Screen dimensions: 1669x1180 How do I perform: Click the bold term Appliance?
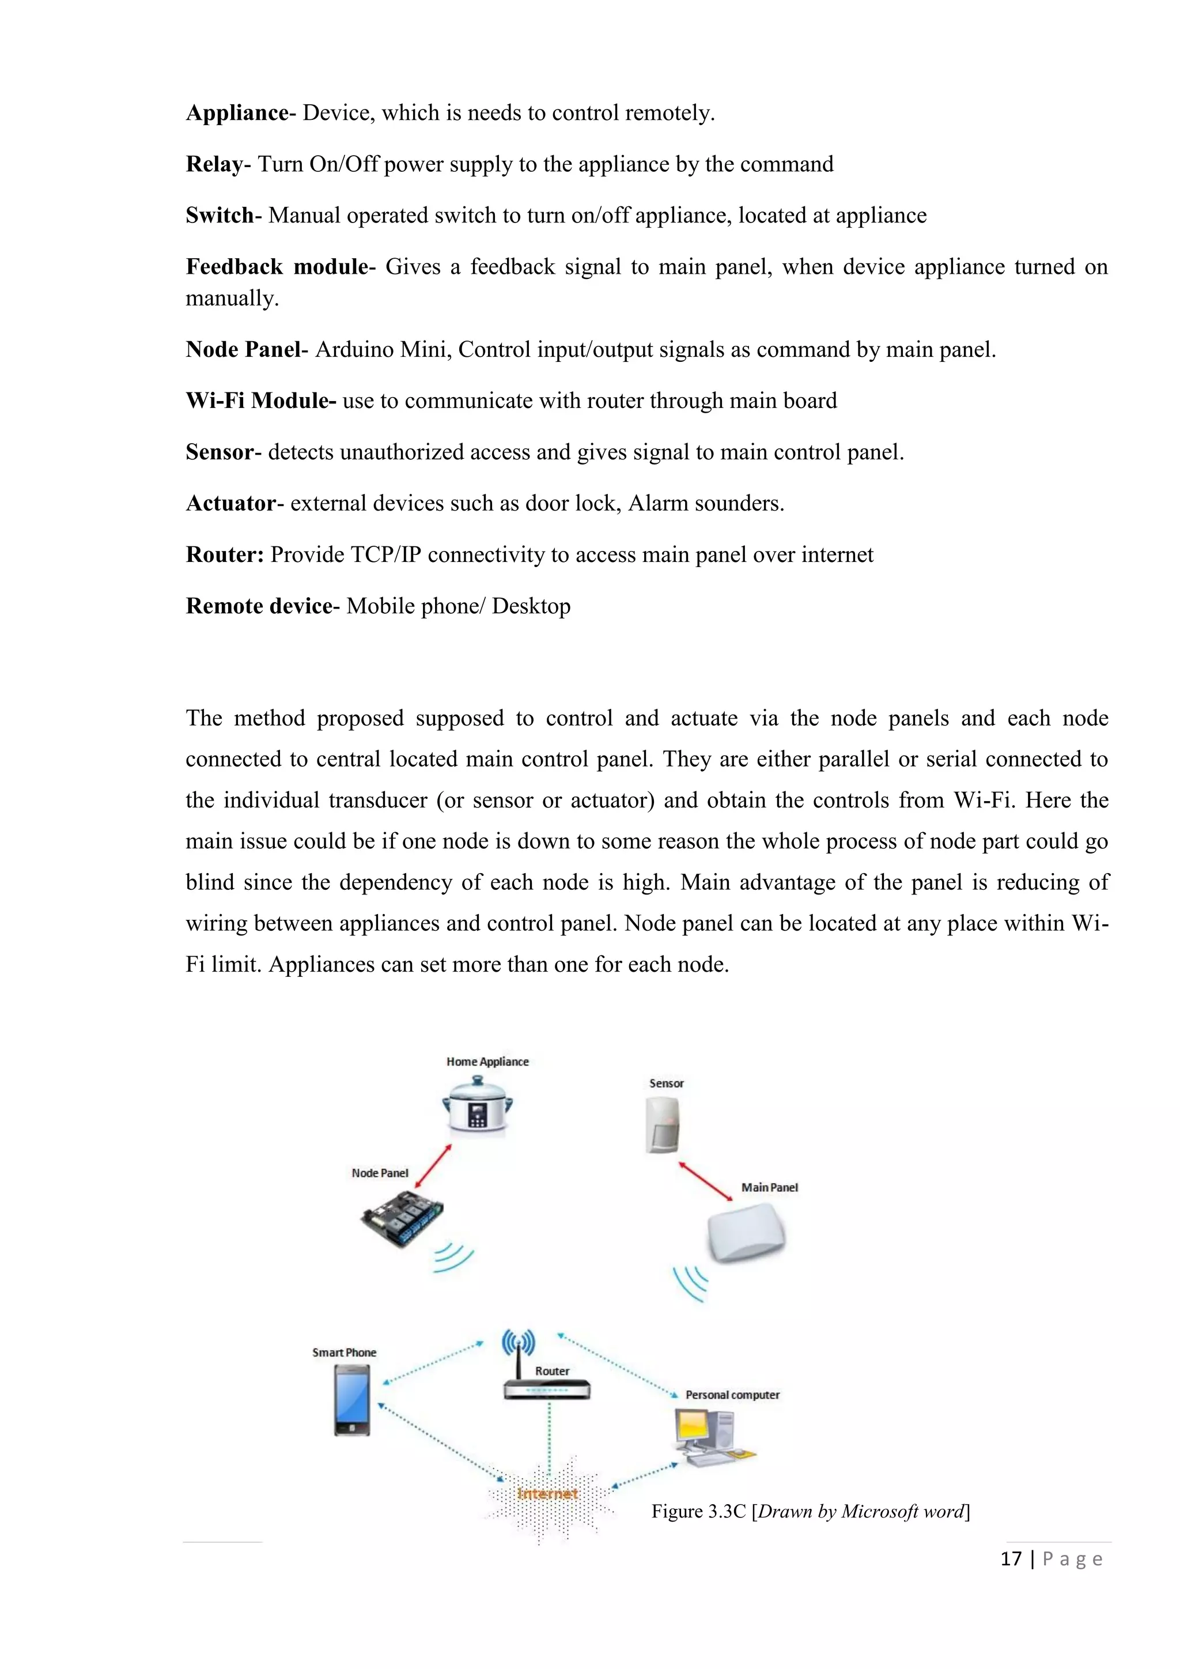click(x=237, y=114)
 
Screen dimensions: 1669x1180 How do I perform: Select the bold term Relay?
click(x=214, y=165)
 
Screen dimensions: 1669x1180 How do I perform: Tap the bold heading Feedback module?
click(x=276, y=267)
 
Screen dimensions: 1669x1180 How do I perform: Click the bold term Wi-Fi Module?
click(x=260, y=401)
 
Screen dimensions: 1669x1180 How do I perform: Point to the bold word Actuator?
click(x=230, y=504)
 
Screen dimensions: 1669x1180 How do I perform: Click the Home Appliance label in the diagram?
click(x=487, y=1062)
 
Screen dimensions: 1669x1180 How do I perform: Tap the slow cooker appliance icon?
click(x=478, y=1105)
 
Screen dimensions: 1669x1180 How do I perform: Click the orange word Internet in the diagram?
click(x=547, y=1494)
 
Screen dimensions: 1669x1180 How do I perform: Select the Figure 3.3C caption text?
click(x=810, y=1512)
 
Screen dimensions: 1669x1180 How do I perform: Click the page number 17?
click(x=1011, y=1558)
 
